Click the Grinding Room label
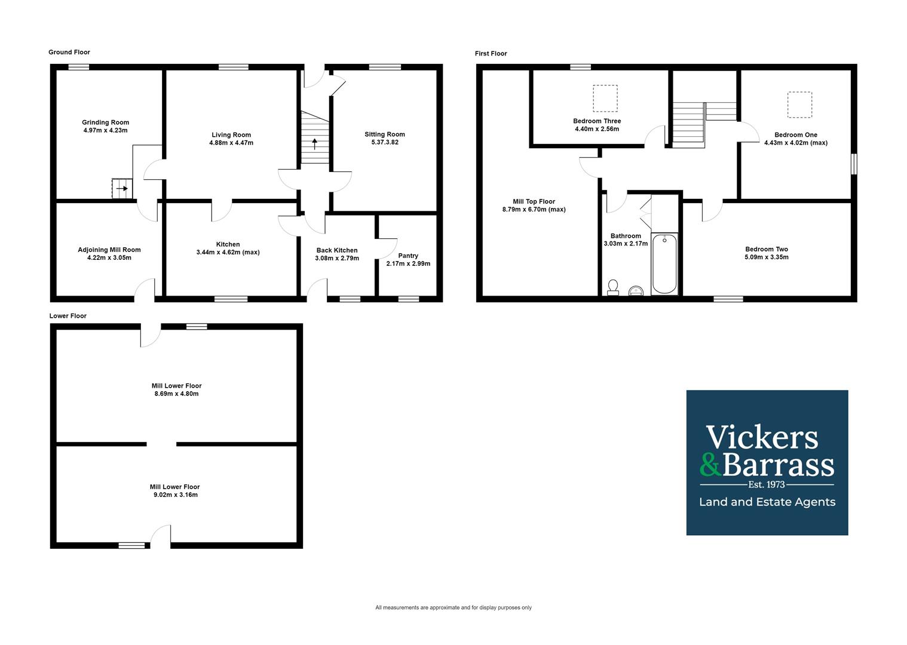tap(105, 122)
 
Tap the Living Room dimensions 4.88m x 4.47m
tap(231, 143)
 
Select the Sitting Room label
tap(385, 134)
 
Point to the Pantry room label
tap(408, 256)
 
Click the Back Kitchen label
tap(337, 250)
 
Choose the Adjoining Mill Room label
tap(109, 250)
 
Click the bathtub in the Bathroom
tap(664, 263)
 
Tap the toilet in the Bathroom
tap(612, 287)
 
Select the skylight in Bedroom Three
tap(605, 99)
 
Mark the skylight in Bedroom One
tap(799, 105)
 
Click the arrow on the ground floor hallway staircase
tap(315, 143)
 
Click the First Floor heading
tap(491, 54)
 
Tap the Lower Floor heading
tap(68, 316)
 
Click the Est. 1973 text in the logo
tap(767, 484)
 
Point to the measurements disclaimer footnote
tap(453, 607)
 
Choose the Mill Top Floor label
tap(534, 201)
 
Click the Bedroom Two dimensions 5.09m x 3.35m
tap(767, 257)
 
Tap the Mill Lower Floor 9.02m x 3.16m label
tap(174, 494)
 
